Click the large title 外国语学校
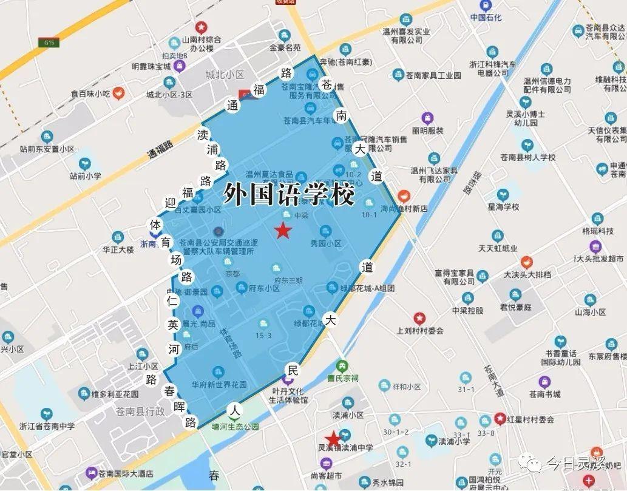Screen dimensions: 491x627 pyautogui.click(x=288, y=194)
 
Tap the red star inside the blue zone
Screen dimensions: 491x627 pyautogui.click(x=282, y=231)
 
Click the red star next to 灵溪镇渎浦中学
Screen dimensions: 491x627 pyautogui.click(x=333, y=438)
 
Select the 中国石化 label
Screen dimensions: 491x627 pyautogui.click(x=486, y=18)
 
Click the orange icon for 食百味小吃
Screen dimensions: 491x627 pyautogui.click(x=120, y=93)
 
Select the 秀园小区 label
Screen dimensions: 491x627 pyautogui.click(x=326, y=243)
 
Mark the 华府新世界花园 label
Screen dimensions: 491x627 pyautogui.click(x=219, y=385)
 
